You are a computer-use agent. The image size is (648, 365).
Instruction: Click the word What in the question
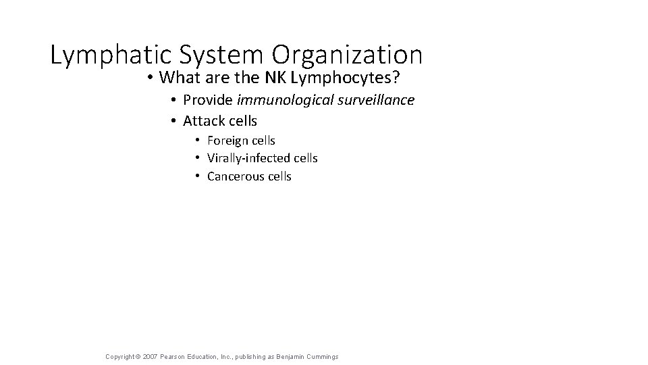pyautogui.click(x=178, y=78)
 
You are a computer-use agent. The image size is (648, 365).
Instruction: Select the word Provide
pyautogui.click(x=208, y=100)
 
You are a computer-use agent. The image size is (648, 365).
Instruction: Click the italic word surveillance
pyautogui.click(x=375, y=100)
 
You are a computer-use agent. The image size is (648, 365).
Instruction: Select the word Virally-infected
pyautogui.click(x=248, y=158)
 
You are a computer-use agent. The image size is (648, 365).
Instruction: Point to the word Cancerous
pyautogui.click(x=236, y=176)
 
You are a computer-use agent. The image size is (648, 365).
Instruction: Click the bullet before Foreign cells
pyautogui.click(x=198, y=141)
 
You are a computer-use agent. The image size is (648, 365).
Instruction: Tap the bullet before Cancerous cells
pyautogui.click(x=198, y=176)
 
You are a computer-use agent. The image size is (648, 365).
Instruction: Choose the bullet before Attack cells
pyautogui.click(x=173, y=121)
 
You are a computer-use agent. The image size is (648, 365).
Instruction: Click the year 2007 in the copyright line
pyautogui.click(x=151, y=356)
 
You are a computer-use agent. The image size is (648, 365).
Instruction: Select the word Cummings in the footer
pyautogui.click(x=322, y=356)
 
